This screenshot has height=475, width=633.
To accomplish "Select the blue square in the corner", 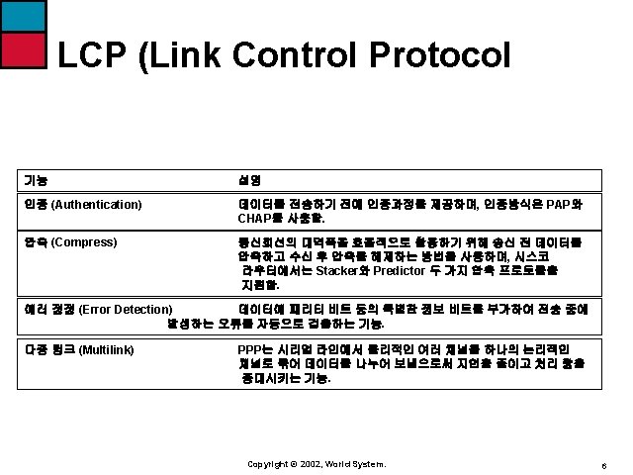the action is [x=23, y=15].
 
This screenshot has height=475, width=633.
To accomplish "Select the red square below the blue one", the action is [x=23, y=48].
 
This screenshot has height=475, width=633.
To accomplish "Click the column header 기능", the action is [x=35, y=180].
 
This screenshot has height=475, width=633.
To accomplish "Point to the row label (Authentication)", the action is [x=96, y=205].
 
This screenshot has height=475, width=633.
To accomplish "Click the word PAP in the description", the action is [x=559, y=205].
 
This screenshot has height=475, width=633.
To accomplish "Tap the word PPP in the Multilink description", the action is [x=250, y=349].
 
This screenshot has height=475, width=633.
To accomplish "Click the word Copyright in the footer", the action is [x=266, y=463].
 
